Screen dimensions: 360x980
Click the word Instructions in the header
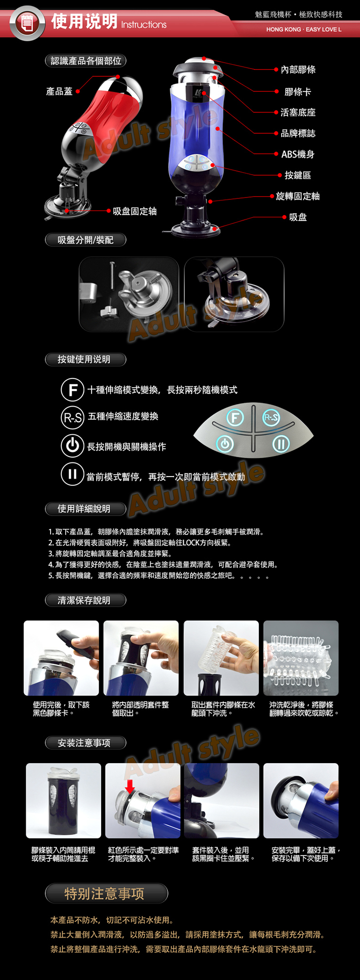(x=144, y=25)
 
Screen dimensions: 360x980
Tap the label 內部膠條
(x=298, y=70)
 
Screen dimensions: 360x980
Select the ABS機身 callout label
(x=298, y=154)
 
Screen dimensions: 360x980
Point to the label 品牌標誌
(x=298, y=133)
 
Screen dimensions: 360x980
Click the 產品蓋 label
(x=59, y=91)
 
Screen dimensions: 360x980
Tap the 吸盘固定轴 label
(x=135, y=211)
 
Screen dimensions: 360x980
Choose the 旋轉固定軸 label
(x=298, y=196)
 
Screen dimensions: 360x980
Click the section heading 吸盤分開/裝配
(x=86, y=240)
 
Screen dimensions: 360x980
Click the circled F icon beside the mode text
(x=72, y=390)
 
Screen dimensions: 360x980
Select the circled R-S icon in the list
(x=72, y=417)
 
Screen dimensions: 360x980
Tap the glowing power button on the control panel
(x=225, y=444)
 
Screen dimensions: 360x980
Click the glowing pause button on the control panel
(x=281, y=444)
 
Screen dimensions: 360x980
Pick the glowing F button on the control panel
(x=235, y=417)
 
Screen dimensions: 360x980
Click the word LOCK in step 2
(x=192, y=543)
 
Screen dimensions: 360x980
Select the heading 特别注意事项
(x=105, y=893)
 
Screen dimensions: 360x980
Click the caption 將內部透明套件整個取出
(x=141, y=709)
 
